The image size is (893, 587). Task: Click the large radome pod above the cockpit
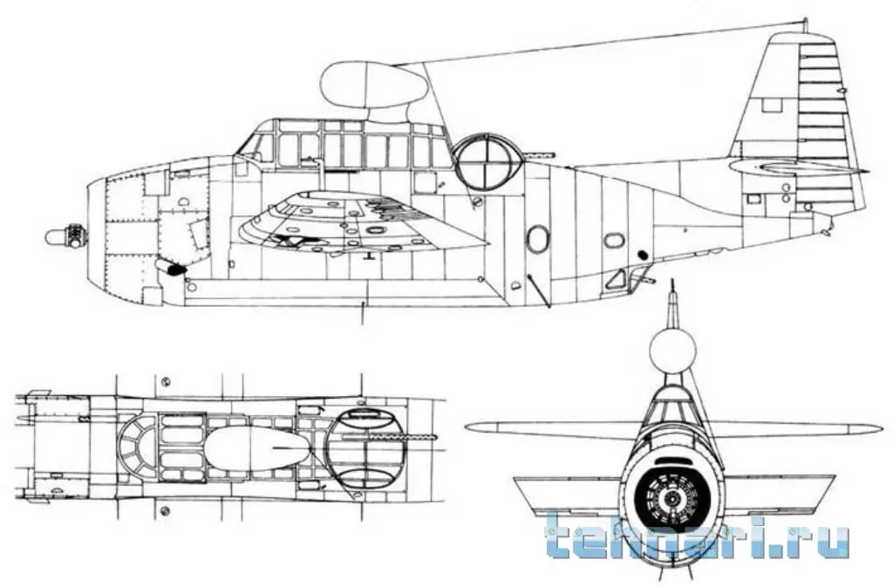[x=373, y=85]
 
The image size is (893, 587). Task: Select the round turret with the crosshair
[x=485, y=161]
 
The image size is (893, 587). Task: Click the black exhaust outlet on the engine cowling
[x=175, y=269]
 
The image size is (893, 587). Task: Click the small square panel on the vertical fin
[x=771, y=106]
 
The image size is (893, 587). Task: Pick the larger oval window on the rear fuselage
[x=538, y=238]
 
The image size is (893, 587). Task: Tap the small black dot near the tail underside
[x=644, y=255]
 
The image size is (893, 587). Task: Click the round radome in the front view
[x=672, y=351]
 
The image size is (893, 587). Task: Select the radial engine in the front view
[x=672, y=498]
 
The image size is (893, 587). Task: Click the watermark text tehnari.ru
[x=698, y=536]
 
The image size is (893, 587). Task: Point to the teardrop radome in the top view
[x=257, y=448]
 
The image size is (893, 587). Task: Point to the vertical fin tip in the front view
[x=672, y=288]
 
